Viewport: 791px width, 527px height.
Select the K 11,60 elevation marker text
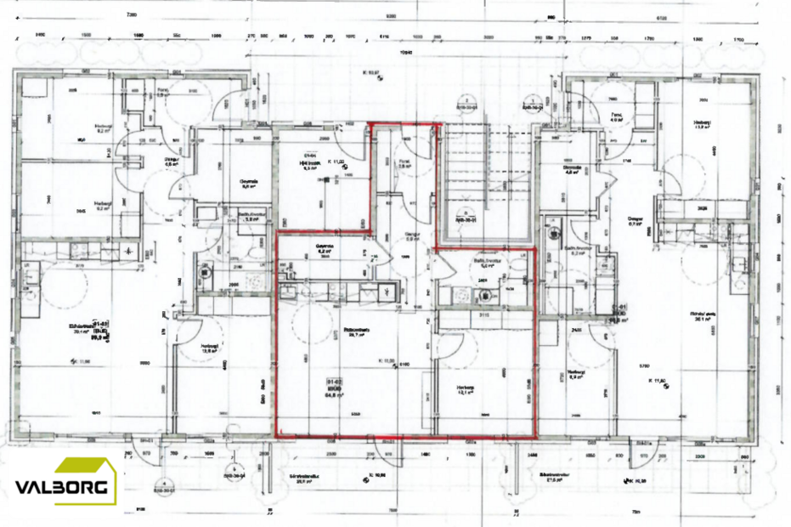660,380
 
